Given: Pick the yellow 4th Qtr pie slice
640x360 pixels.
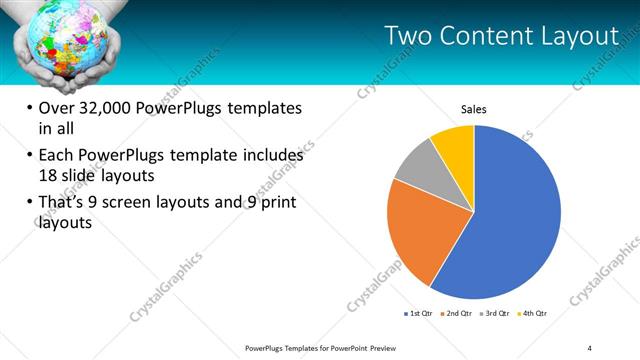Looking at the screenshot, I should (456, 144).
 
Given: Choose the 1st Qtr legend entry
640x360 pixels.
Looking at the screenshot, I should (419, 313).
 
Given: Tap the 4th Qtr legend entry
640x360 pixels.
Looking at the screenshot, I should (534, 313).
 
